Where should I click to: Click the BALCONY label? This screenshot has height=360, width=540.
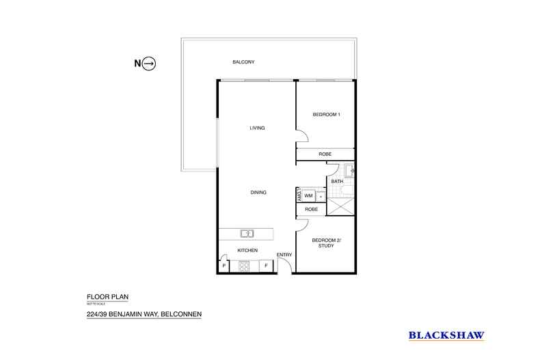click(243, 62)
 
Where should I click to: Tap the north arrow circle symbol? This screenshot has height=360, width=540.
click(150, 64)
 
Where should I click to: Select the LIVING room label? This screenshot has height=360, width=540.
click(256, 128)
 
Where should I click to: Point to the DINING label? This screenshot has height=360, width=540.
click(258, 193)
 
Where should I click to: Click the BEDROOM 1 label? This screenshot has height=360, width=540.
click(326, 114)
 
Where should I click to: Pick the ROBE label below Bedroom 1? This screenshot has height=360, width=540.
click(325, 154)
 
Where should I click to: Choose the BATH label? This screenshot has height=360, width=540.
click(337, 181)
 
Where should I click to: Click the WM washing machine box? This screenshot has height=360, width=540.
click(308, 195)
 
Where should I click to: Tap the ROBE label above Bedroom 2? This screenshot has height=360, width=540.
click(311, 209)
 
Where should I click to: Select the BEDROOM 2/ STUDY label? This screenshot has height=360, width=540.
click(325, 243)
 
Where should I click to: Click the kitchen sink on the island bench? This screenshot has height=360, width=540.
click(247, 234)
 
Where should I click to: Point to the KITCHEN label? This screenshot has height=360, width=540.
click(247, 251)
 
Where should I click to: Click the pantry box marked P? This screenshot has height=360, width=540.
click(224, 266)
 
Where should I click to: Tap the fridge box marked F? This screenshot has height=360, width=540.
click(266, 266)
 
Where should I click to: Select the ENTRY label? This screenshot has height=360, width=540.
click(284, 255)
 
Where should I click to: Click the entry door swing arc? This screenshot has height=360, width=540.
click(285, 265)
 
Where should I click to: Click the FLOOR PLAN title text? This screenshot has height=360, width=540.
click(107, 297)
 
